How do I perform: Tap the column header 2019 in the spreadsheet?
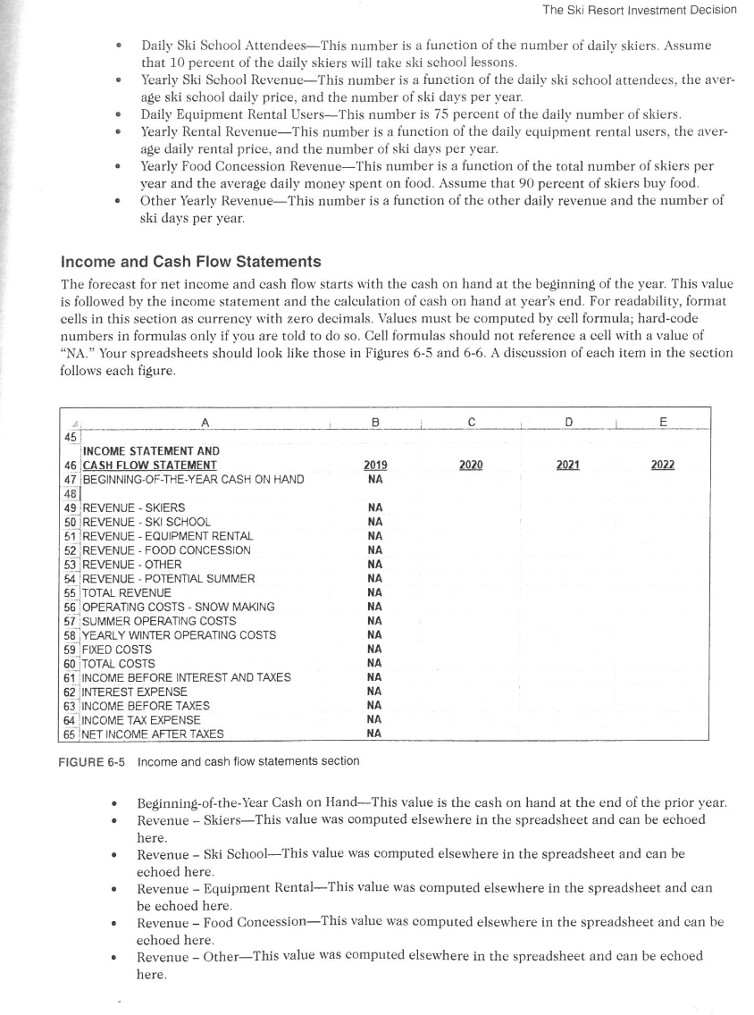pyautogui.click(x=376, y=466)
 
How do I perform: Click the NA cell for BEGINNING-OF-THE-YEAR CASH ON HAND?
pyautogui.click(x=376, y=480)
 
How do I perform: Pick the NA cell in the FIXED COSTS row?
pyautogui.click(x=376, y=649)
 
